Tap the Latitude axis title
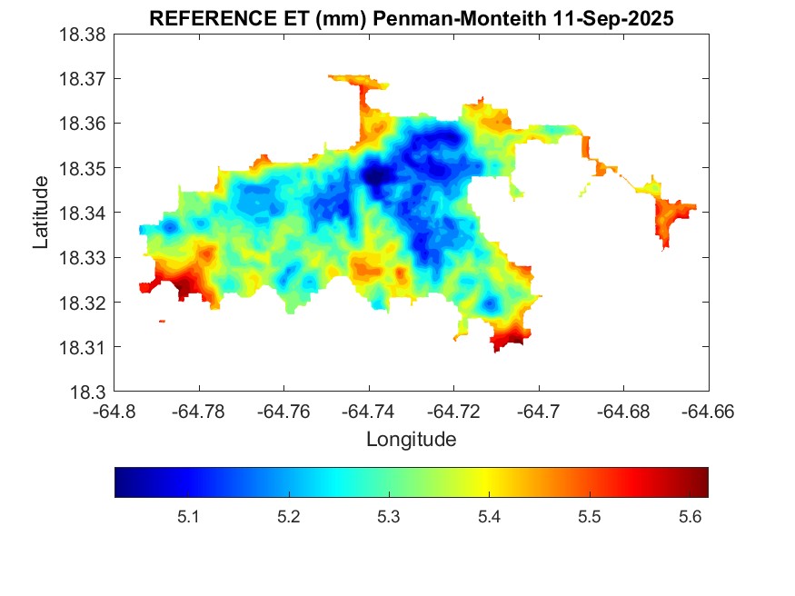coord(41,214)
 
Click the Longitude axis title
coord(411,440)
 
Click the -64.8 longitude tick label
coord(115,411)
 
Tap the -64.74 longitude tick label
coord(369,411)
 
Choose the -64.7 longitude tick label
coord(539,411)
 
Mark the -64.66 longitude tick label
coord(709,411)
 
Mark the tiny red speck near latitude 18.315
coord(162,321)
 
